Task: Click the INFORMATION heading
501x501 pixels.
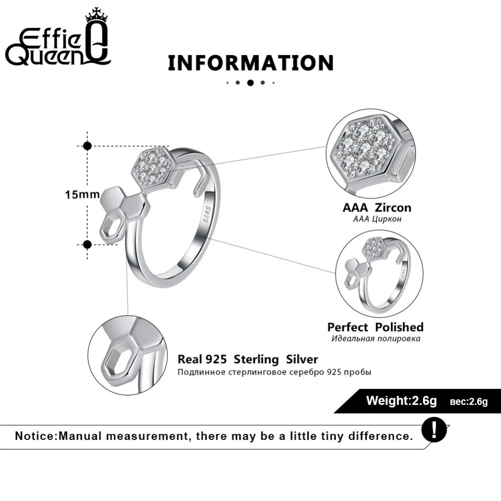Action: [x=250, y=63]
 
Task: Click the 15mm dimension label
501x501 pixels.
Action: [x=82, y=194]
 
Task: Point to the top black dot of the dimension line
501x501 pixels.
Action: [x=88, y=145]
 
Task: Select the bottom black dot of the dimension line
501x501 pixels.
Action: [x=88, y=244]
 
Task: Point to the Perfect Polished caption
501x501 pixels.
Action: [x=375, y=327]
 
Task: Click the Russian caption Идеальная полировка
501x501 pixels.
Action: [x=375, y=339]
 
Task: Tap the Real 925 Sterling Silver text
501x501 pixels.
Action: [x=248, y=359]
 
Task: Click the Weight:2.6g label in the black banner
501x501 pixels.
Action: [x=401, y=401]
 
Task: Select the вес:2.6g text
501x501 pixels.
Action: [x=468, y=401]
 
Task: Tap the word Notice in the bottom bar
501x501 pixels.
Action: [x=36, y=436]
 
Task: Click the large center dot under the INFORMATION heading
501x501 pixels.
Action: [x=250, y=83]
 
